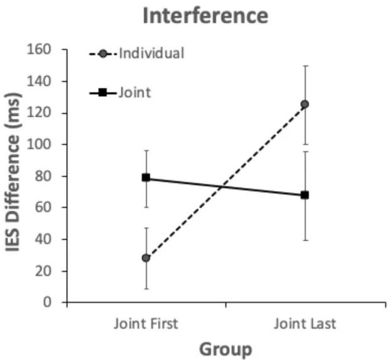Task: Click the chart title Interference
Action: point(205,16)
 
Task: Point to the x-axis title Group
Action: point(225,349)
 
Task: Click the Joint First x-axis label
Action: point(146,324)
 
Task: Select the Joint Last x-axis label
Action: point(304,324)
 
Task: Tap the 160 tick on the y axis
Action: point(47,50)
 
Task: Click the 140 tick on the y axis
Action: point(47,81)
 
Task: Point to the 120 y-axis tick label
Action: point(47,113)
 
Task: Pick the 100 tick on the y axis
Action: point(47,145)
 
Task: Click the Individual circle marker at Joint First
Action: point(146,258)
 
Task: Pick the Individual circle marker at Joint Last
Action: point(304,104)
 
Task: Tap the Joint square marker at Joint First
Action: point(146,178)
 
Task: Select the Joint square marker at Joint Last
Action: point(304,195)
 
